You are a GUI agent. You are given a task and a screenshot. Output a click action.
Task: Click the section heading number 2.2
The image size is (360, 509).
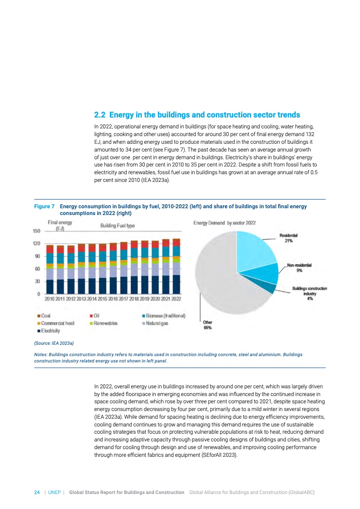click(100, 115)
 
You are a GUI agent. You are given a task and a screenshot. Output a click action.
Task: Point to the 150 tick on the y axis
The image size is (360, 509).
click(36, 231)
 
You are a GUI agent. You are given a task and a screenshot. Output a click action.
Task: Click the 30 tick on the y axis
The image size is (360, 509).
click(38, 281)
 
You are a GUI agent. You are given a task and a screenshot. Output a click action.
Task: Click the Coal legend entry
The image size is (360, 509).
click(44, 316)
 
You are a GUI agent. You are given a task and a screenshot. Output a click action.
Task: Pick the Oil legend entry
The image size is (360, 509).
click(97, 316)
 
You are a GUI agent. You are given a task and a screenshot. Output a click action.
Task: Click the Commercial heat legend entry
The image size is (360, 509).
click(55, 323)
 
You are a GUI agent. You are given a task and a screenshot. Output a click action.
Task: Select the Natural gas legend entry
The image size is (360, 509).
click(156, 323)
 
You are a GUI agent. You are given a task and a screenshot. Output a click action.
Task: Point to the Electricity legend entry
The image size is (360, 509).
click(48, 331)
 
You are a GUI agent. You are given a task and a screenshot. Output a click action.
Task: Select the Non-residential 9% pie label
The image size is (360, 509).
click(300, 267)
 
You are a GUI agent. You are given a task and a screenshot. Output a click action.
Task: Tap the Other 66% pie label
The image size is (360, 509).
click(207, 324)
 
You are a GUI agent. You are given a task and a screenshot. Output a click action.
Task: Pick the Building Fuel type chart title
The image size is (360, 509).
click(117, 225)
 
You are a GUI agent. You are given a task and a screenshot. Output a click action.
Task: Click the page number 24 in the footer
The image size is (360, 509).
click(37, 492)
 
